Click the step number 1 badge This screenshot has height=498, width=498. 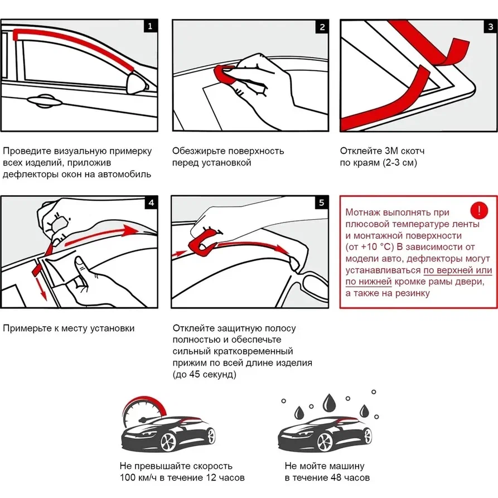[x=150, y=26]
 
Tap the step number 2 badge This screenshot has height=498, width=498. [x=322, y=27]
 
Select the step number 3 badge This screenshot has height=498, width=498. [x=490, y=26]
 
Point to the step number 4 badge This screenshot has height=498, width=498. [x=151, y=203]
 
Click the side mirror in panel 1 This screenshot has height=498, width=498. [x=137, y=84]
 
